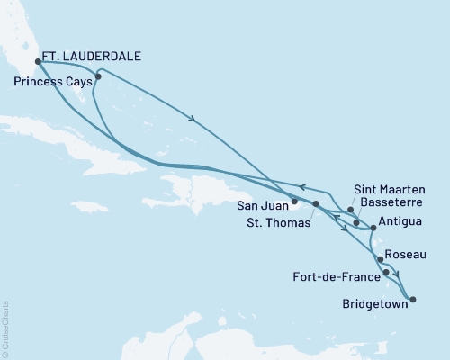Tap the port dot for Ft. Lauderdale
click(38, 62)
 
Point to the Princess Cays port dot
click(98, 76)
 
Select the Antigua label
click(399, 219)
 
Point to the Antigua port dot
click(373, 228)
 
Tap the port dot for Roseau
click(381, 259)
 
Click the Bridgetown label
click(374, 303)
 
